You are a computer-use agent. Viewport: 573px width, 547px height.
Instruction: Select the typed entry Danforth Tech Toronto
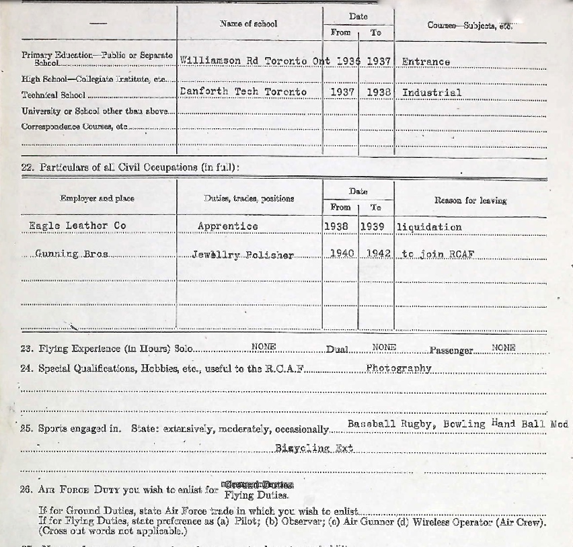tap(243, 91)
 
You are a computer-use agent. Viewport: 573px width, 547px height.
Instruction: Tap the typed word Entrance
tap(426, 61)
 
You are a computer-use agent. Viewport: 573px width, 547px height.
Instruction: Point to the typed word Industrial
tap(431, 92)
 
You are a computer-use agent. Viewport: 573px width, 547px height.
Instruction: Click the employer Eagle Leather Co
tap(77, 226)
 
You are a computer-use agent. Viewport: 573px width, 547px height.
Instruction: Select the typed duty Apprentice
tap(227, 226)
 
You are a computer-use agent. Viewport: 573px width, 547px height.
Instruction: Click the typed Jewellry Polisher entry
tap(242, 255)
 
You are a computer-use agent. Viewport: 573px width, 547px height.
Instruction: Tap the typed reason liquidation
tap(429, 226)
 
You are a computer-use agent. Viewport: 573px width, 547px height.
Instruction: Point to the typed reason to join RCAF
tap(433, 255)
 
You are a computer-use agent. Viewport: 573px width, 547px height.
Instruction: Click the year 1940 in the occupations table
tap(342, 254)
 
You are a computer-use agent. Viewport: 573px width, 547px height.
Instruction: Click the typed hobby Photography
tap(398, 368)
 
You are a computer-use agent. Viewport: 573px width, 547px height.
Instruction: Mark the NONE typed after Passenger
tap(503, 347)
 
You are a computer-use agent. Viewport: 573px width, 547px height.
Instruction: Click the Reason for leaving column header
tap(470, 200)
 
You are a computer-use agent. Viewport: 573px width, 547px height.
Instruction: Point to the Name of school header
tap(248, 24)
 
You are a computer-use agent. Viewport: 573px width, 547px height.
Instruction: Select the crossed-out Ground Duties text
tap(258, 485)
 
